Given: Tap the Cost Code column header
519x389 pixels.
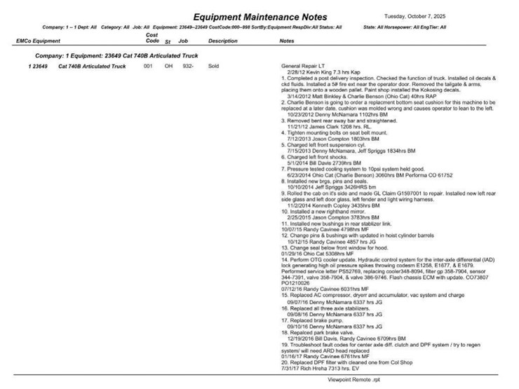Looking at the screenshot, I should pyautogui.click(x=151, y=38).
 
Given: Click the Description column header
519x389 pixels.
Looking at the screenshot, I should pyautogui.click(x=223, y=41).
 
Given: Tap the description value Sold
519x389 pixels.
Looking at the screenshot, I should pyautogui.click(x=214, y=67).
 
